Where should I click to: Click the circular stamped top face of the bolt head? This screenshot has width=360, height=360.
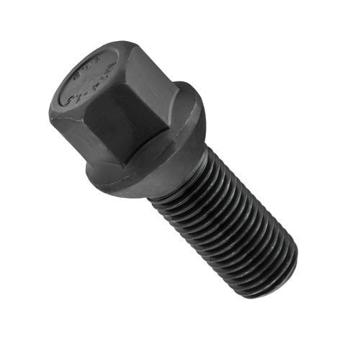pyautogui.click(x=91, y=79)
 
